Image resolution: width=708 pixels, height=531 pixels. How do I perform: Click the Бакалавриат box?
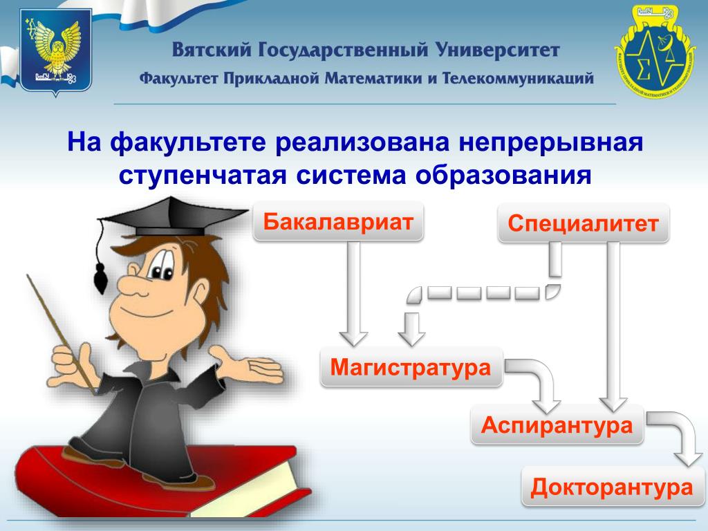click(x=338, y=221)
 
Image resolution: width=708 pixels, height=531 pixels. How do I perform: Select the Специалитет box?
click(x=583, y=223)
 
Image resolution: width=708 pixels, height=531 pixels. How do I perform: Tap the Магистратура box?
click(x=411, y=366)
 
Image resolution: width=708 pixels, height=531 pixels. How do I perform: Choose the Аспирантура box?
click(x=557, y=425)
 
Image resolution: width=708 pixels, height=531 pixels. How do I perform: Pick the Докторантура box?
click(x=613, y=487)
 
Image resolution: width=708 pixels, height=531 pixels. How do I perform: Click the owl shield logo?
click(x=55, y=52)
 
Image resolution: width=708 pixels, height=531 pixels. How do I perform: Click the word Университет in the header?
click(x=498, y=50)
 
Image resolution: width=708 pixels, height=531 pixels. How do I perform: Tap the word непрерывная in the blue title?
click(x=551, y=142)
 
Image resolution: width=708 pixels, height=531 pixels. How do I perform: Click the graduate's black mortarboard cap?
click(x=172, y=216)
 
